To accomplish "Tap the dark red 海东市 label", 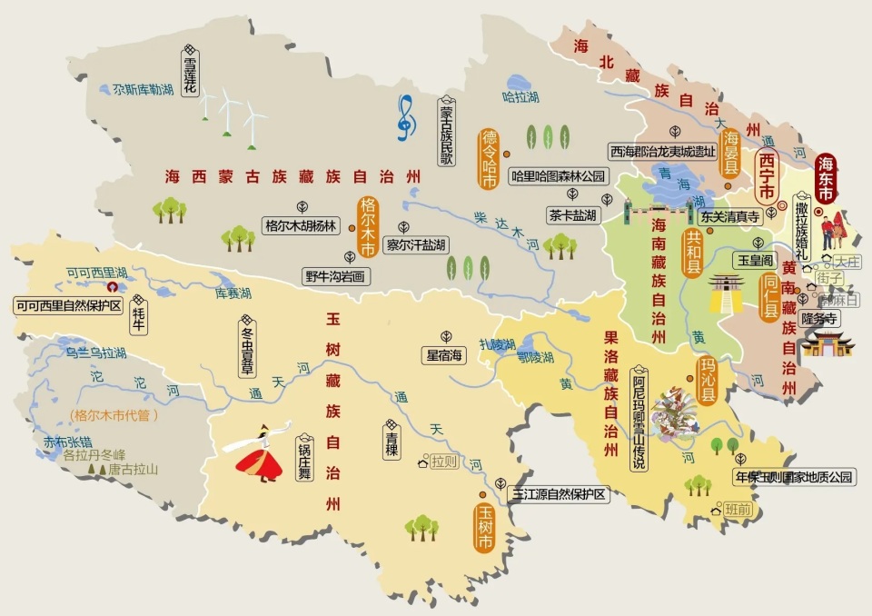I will click(826, 176).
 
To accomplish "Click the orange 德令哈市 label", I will click(490, 159).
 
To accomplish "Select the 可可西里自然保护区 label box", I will click(68, 305).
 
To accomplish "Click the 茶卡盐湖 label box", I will click(572, 215).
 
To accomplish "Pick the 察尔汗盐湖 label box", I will click(416, 244).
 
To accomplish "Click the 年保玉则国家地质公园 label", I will click(794, 476).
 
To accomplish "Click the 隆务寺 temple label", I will click(817, 317).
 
